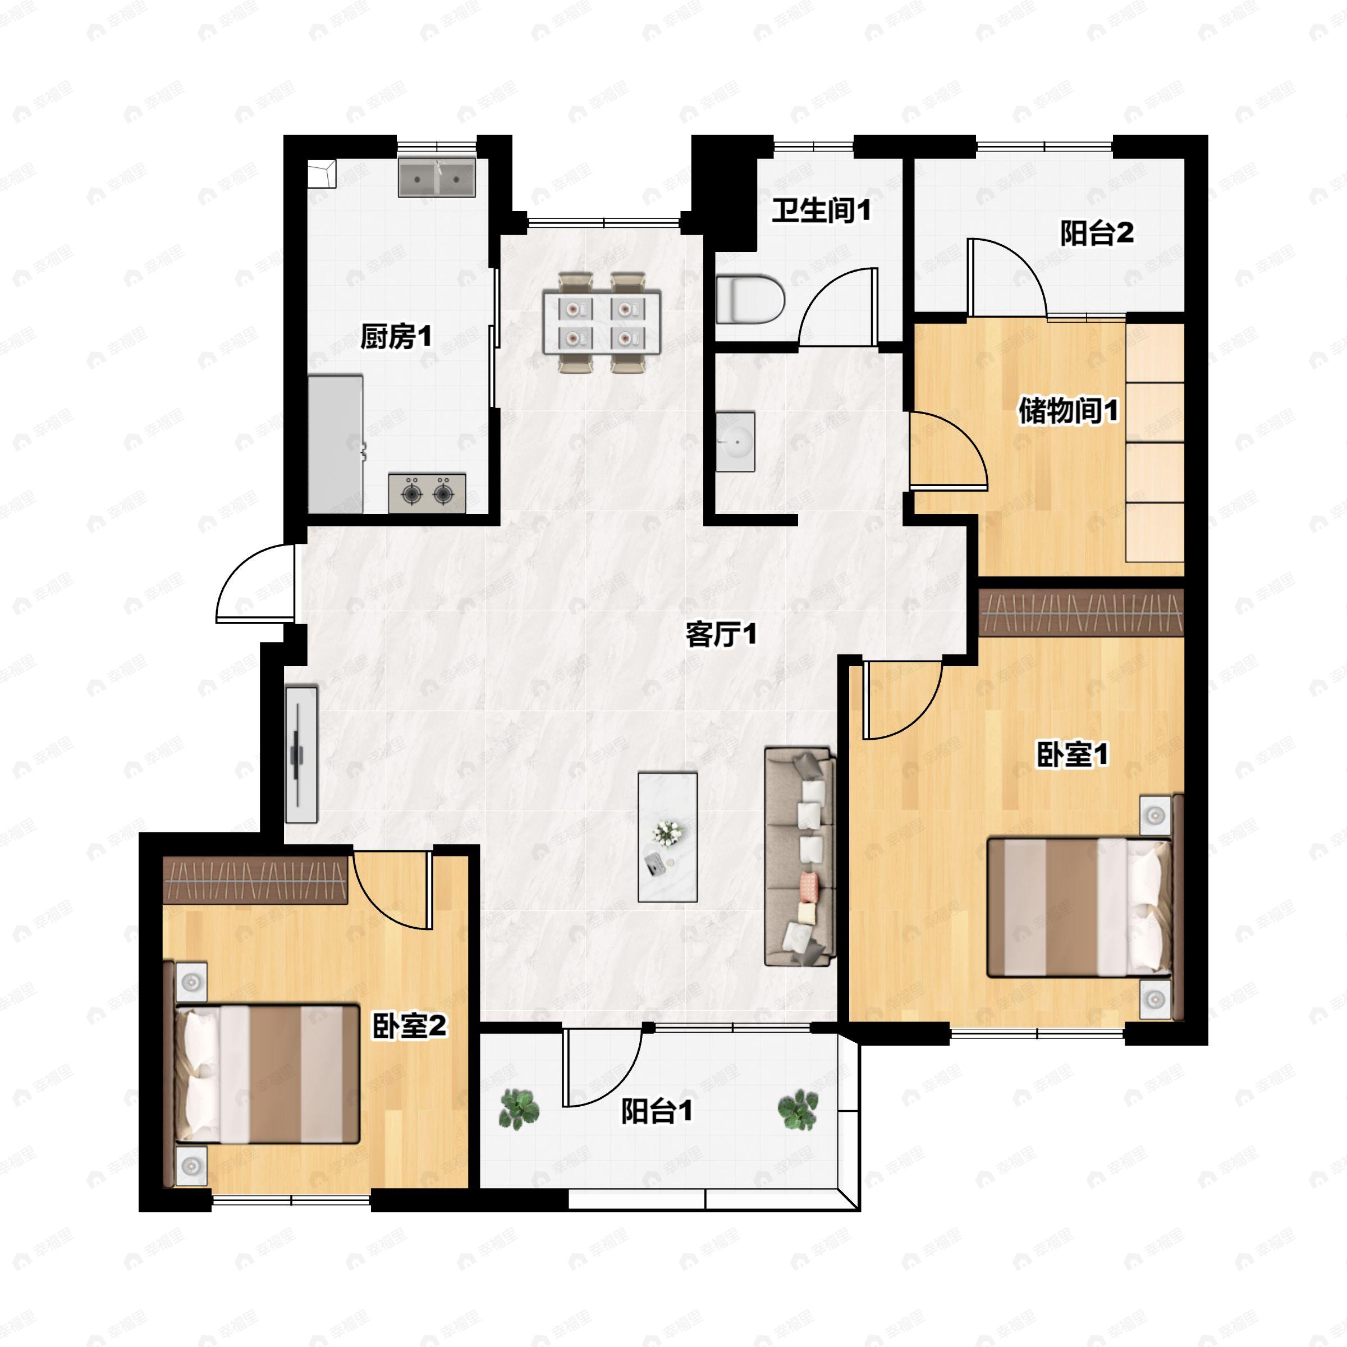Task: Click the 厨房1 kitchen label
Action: [395, 337]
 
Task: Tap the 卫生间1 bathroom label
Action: [821, 210]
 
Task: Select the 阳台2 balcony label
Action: [1097, 233]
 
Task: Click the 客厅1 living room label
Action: [721, 634]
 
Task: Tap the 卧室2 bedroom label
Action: [409, 1025]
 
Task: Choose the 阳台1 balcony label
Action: [657, 1111]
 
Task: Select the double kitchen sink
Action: [437, 177]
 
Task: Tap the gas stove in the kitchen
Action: [427, 493]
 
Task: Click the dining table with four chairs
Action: [602, 322]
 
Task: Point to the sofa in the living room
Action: [800, 857]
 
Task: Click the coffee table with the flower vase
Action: [667, 837]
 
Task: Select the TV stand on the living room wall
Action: [301, 754]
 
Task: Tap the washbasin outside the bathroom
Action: [736, 441]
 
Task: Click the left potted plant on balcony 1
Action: [519, 1109]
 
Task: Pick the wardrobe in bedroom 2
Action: [255, 881]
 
